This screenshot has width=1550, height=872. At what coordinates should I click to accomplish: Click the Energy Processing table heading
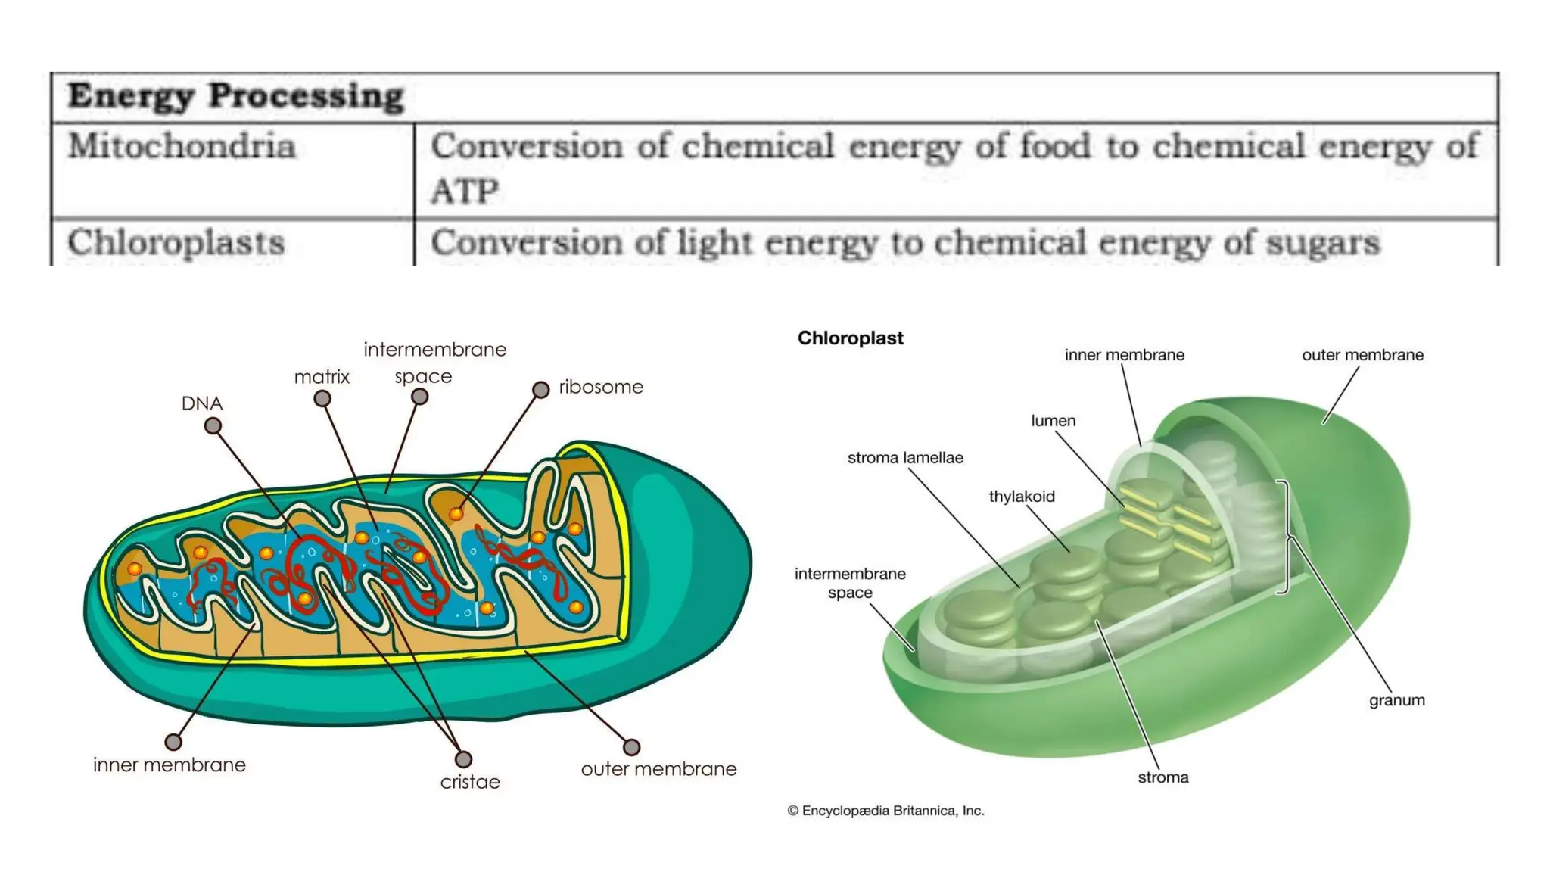click(x=235, y=96)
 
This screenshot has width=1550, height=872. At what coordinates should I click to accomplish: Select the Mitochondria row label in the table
click(x=182, y=146)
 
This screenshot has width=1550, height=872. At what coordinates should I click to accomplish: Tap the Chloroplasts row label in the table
click(x=176, y=243)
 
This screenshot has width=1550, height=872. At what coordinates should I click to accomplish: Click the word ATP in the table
click(x=465, y=191)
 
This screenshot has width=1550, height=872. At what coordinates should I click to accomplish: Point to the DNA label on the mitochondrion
click(x=201, y=403)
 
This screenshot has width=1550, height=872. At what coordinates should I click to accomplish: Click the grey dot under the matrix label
click(x=322, y=398)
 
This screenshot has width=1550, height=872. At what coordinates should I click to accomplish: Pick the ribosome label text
click(x=601, y=387)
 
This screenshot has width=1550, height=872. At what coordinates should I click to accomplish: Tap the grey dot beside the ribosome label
click(x=540, y=389)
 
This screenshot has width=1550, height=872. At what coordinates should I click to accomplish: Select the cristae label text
click(x=470, y=782)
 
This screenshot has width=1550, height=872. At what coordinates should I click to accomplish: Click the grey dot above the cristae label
click(x=463, y=758)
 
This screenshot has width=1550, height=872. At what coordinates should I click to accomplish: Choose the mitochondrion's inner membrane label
click(x=170, y=765)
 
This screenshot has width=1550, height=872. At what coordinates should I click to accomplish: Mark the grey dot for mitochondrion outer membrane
click(x=631, y=747)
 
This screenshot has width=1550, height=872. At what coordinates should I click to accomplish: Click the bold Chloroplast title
click(x=850, y=338)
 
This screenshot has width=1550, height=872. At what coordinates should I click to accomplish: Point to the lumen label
click(x=1053, y=421)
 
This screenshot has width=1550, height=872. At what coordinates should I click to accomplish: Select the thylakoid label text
click(x=1021, y=497)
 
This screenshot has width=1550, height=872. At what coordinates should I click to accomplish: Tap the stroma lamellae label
click(x=905, y=458)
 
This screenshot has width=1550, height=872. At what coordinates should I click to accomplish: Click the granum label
click(x=1396, y=700)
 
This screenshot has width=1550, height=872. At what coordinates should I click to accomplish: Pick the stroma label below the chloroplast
click(x=1163, y=777)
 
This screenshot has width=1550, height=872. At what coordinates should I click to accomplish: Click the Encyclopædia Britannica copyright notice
click(x=885, y=811)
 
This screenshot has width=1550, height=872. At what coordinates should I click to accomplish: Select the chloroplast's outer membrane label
click(x=1362, y=355)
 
